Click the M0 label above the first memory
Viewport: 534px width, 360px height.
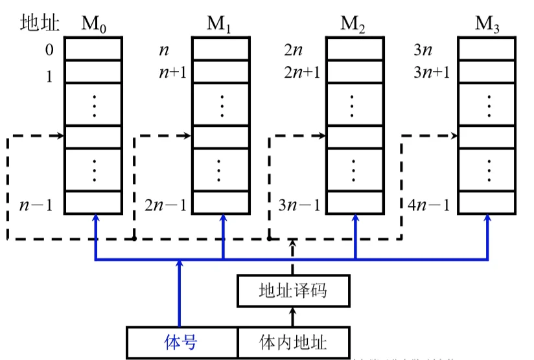pos(93,25)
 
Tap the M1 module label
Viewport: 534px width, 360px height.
pos(220,25)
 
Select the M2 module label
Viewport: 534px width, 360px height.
pos(353,25)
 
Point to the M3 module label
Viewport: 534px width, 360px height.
pos(487,25)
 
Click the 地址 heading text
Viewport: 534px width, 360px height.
pos(40,24)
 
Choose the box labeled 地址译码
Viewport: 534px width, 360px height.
pos(292,290)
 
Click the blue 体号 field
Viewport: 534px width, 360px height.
pos(181,342)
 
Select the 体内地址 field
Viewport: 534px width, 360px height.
pos(292,342)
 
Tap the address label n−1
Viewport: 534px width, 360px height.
pos(36,206)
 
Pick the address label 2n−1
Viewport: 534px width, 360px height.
pos(165,206)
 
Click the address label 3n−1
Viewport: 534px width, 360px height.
pos(299,206)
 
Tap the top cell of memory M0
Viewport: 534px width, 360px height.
pos(93,49)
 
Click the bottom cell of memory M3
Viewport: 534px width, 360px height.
pos(487,202)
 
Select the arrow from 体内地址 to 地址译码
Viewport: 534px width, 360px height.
pos(292,317)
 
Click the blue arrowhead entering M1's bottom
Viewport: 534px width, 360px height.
pos(223,219)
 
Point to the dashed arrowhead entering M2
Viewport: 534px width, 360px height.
pos(321,137)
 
